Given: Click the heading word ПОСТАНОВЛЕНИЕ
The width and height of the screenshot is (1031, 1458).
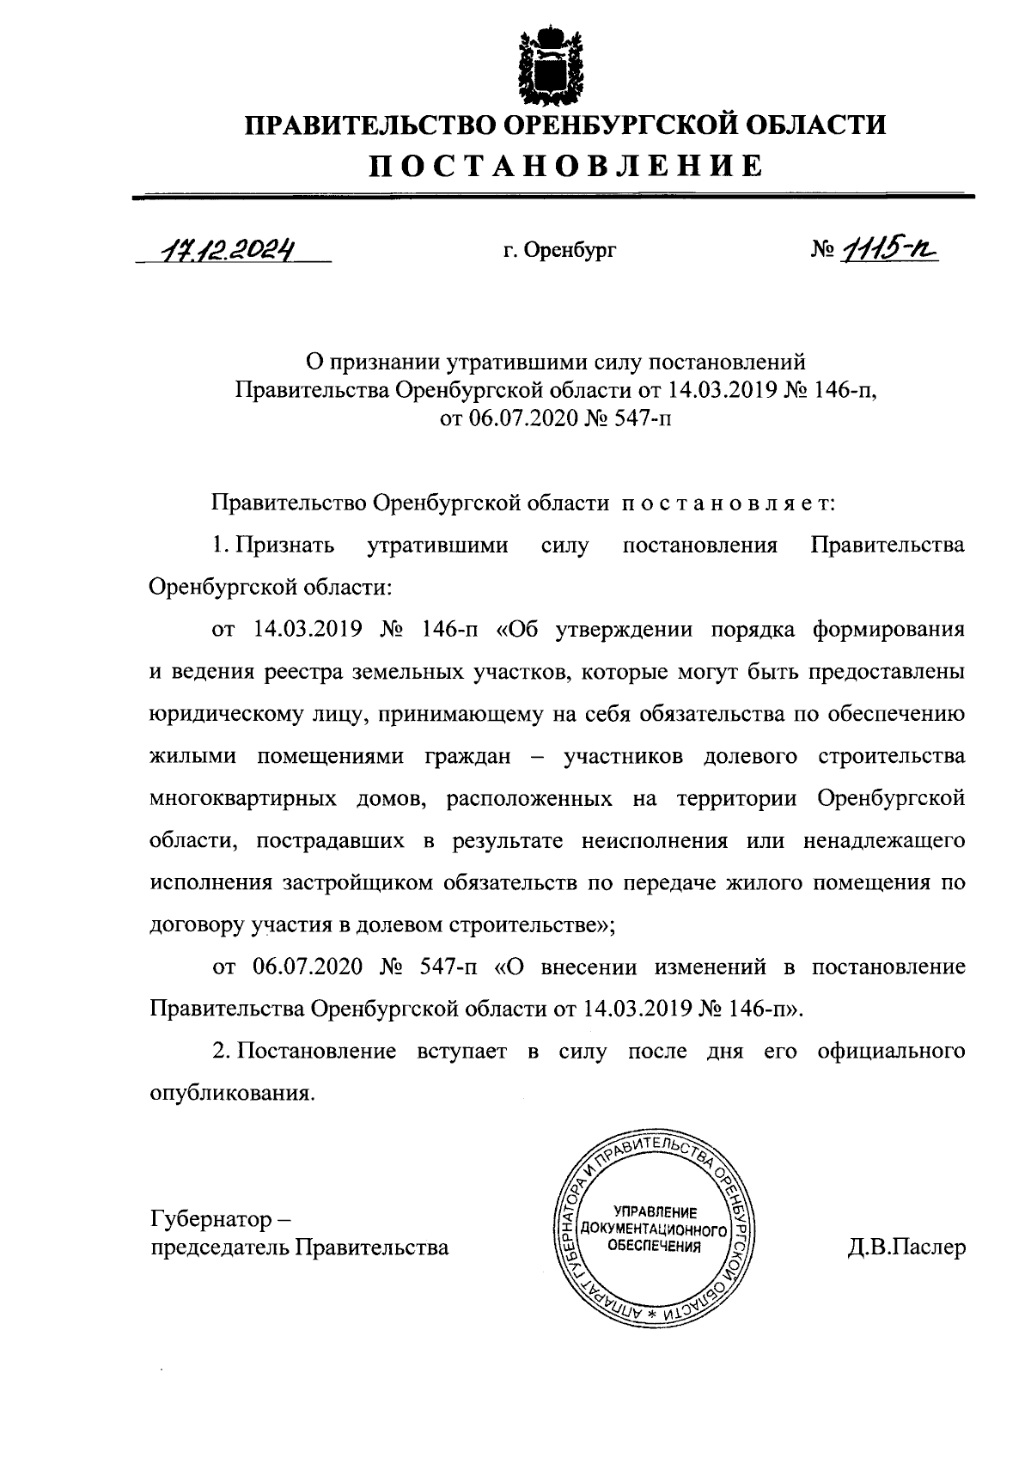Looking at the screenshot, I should [566, 166].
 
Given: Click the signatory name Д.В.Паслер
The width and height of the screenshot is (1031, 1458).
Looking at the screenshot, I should [906, 1248].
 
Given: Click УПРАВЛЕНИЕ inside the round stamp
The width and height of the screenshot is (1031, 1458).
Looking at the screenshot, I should [656, 1211].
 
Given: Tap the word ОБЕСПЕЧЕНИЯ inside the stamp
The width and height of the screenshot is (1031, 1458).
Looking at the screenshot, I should [656, 1245].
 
